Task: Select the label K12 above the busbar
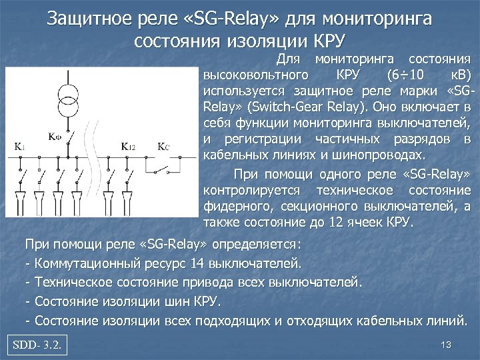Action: [x=128, y=145]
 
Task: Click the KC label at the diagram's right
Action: [x=164, y=145]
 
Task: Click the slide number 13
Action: [x=447, y=345]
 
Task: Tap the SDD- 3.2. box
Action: [x=39, y=345]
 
